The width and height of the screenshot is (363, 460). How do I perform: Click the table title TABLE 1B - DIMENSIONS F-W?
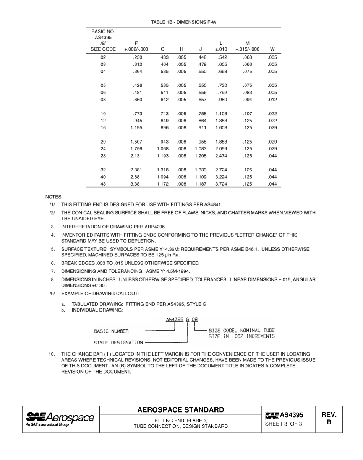pos(184,22)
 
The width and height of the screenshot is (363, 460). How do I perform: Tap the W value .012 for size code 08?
pos(272,100)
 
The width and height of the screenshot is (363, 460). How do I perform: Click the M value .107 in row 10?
pos(247,114)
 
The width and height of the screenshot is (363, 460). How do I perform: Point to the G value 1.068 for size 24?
pos(163,149)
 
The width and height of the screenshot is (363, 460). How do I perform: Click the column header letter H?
pos(181,49)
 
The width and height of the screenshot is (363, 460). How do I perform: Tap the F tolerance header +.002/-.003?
pos(136,49)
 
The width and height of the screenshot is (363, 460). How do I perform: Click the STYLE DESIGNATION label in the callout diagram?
pos(118,342)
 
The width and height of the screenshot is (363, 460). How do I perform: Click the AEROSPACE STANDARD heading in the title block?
pos(181,410)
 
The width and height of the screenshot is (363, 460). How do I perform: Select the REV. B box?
pos(329,419)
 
